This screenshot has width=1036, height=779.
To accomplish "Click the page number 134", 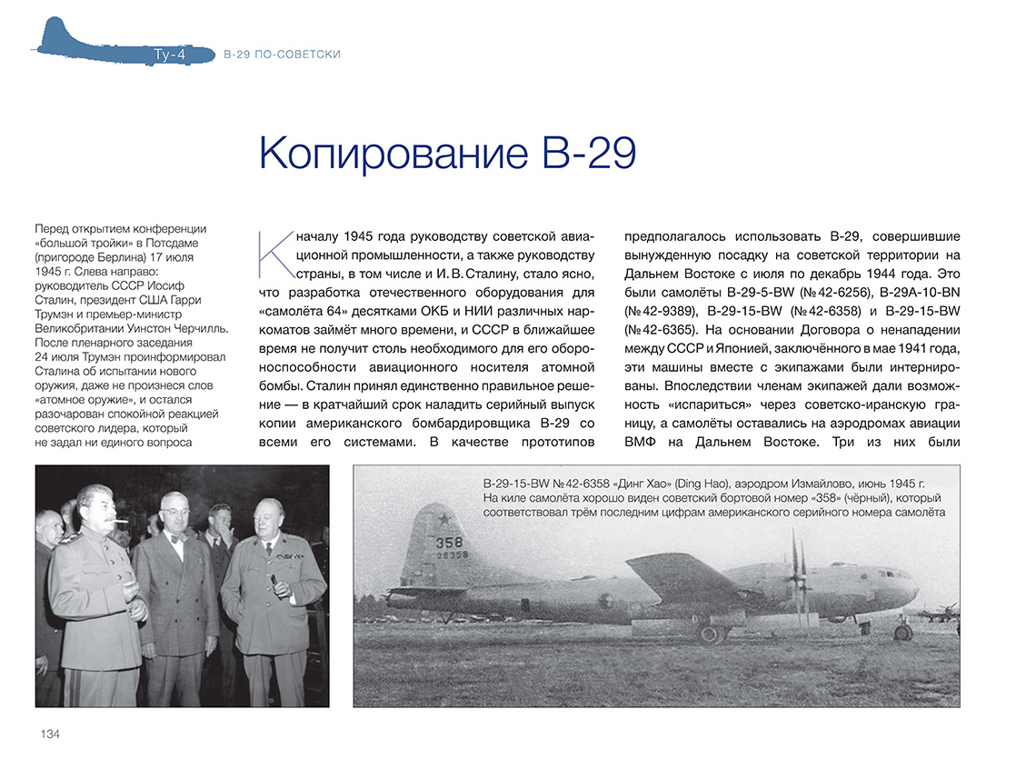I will pyautogui.click(x=50, y=734).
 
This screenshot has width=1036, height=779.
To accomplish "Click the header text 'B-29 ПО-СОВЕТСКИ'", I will pyautogui.click(x=282, y=55).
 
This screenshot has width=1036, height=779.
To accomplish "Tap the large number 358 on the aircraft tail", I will pyautogui.click(x=449, y=542).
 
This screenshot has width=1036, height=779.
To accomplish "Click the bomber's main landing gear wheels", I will pyautogui.click(x=711, y=633).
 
